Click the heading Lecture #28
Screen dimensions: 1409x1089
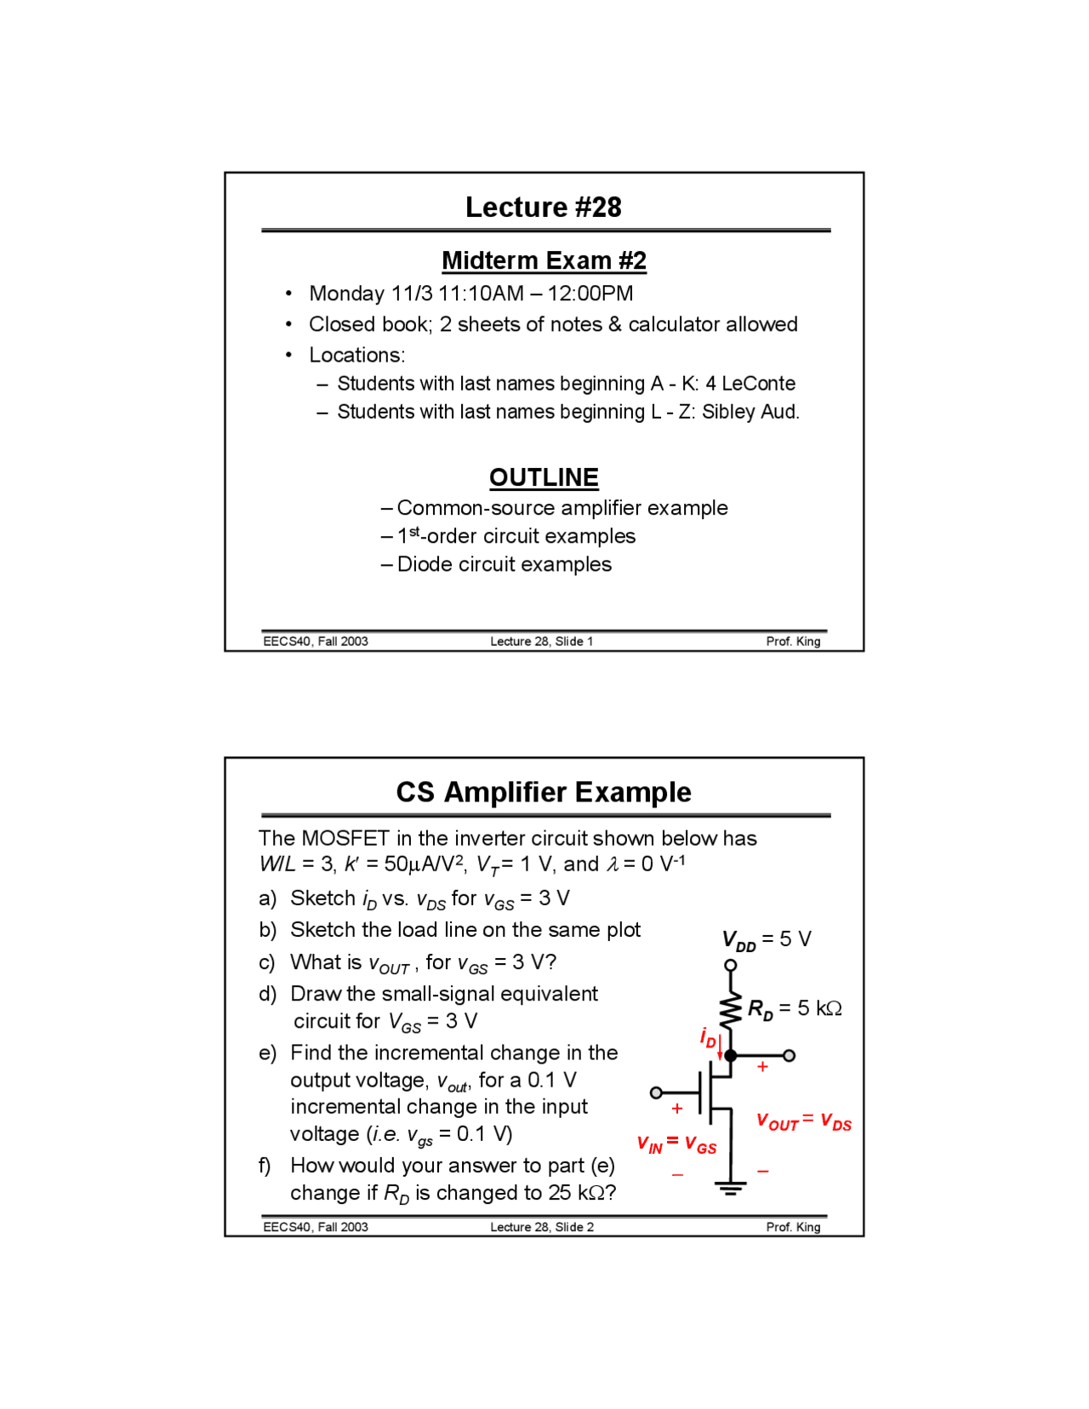click(543, 207)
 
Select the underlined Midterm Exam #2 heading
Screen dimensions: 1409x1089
click(544, 260)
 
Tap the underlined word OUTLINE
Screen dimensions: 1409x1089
click(544, 477)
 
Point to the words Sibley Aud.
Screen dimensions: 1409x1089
click(750, 412)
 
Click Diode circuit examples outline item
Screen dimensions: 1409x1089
click(504, 564)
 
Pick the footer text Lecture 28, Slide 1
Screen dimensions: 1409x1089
click(541, 642)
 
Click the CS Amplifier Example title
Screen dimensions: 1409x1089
click(543, 792)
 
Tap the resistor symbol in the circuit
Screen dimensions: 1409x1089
click(730, 1010)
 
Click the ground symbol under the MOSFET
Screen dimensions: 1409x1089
click(730, 1188)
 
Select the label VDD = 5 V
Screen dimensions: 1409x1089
click(766, 939)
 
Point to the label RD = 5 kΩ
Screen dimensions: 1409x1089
click(795, 1009)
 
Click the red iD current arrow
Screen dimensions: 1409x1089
click(720, 1047)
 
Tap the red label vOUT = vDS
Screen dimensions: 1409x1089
click(803, 1121)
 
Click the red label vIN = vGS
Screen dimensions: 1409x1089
click(676, 1144)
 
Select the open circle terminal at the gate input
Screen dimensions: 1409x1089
click(656, 1092)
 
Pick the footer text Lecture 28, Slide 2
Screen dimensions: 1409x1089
click(541, 1227)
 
